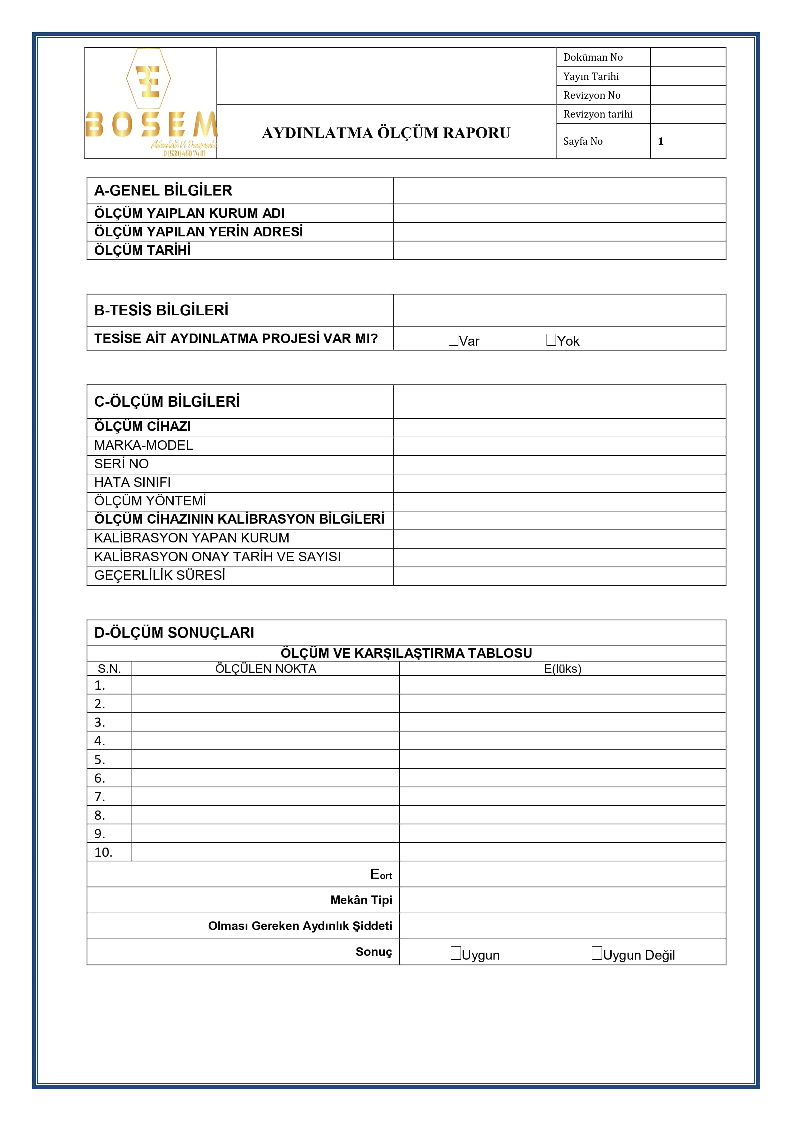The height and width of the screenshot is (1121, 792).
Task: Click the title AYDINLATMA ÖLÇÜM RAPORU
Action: (x=386, y=133)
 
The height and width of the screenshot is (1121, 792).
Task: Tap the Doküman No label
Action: (x=593, y=57)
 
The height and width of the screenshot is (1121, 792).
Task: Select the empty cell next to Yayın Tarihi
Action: (x=688, y=76)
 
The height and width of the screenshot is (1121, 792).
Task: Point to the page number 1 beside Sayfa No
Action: (x=661, y=142)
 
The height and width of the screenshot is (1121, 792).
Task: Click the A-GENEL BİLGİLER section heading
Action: (x=163, y=190)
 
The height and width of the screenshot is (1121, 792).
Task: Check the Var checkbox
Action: (x=453, y=340)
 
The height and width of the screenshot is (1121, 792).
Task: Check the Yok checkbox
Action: (x=551, y=340)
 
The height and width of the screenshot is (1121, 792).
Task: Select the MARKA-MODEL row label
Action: (x=143, y=445)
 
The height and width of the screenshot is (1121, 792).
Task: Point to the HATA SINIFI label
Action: (x=132, y=482)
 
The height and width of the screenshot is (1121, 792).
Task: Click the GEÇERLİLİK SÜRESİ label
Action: (x=160, y=576)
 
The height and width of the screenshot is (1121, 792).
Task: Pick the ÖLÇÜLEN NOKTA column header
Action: (x=266, y=669)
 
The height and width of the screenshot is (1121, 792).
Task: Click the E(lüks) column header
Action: (x=562, y=669)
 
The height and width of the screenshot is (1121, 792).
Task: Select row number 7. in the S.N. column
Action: (x=100, y=797)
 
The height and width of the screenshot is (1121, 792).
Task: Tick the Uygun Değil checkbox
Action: (x=596, y=953)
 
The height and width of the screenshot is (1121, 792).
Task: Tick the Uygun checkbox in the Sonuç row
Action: (x=455, y=953)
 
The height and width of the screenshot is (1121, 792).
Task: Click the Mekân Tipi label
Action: (x=361, y=900)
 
